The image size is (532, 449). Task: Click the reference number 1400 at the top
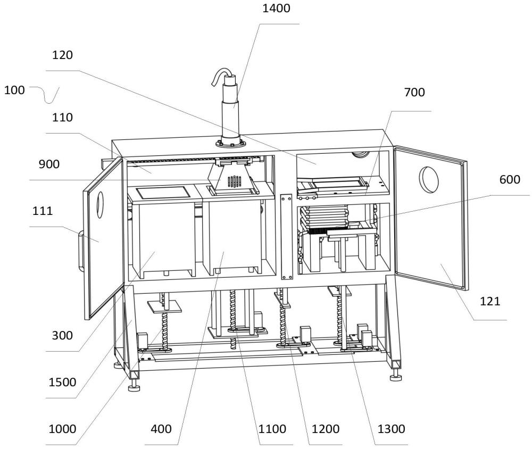(277, 8)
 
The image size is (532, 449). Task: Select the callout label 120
(62, 55)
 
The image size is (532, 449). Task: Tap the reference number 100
(14, 90)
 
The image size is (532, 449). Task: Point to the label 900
(49, 164)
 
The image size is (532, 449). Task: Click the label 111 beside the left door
(43, 211)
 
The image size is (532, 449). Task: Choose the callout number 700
(414, 92)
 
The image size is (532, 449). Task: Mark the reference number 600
(510, 179)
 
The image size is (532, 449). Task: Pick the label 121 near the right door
(490, 301)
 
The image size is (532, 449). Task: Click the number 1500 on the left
(62, 382)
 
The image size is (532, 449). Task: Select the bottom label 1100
(272, 429)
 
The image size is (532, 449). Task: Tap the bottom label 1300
(391, 429)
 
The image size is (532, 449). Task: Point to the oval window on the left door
(101, 205)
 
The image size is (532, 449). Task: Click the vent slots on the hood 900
(234, 181)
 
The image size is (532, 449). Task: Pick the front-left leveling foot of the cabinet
(135, 386)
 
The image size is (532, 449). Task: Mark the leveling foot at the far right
(396, 376)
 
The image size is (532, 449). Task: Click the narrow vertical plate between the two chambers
(287, 237)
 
